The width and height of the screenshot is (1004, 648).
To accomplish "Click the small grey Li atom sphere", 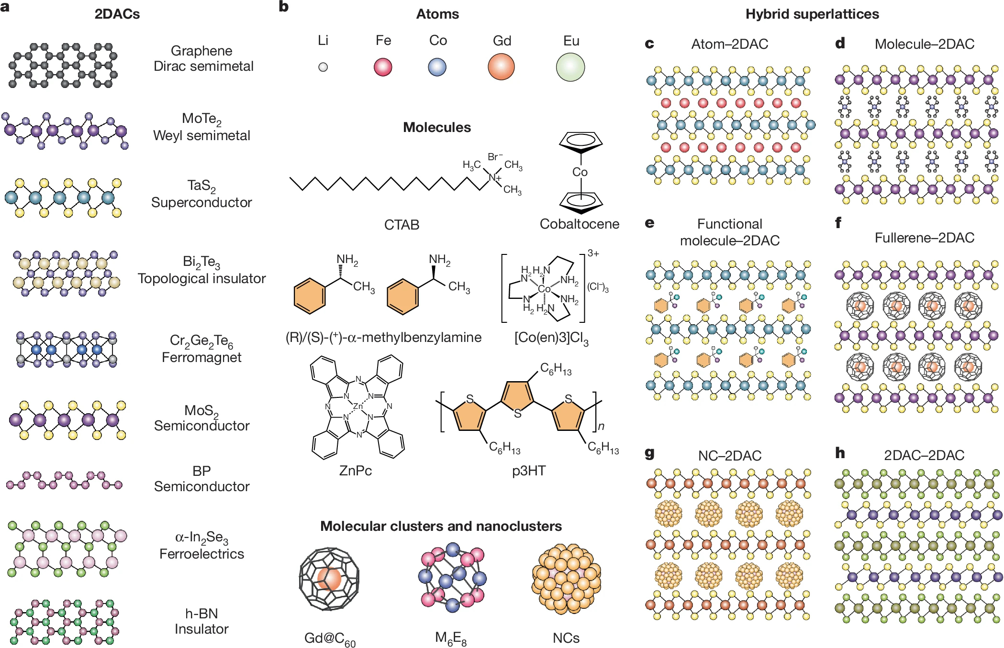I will click(323, 67).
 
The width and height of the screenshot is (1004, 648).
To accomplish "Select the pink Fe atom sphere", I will click(383, 67).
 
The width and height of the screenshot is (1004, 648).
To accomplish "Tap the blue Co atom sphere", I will click(437, 67).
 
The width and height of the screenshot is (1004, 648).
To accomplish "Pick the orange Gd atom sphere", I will click(501, 66).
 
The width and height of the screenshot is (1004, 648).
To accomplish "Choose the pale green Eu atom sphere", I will click(570, 67).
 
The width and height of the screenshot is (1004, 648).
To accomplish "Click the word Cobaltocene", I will click(579, 224).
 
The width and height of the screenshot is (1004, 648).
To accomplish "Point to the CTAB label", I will click(402, 225).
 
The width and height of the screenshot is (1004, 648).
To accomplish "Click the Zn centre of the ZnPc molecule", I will click(357, 406).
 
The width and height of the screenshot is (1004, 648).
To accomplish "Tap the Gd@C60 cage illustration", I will click(329, 579).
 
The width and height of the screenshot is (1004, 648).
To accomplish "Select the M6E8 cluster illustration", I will click(452, 577).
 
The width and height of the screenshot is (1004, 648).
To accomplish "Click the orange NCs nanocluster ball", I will click(566, 579).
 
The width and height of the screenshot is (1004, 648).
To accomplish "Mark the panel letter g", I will click(649, 453).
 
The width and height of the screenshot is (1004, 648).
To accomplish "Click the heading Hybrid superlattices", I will click(812, 14).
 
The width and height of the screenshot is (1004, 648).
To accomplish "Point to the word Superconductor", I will click(201, 202).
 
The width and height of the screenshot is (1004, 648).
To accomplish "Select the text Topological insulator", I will click(201, 278).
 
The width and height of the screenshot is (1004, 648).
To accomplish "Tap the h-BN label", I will click(201, 614).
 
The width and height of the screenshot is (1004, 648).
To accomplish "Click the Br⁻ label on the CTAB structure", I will click(495, 156).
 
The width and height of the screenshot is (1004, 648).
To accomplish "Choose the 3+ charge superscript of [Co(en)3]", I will click(593, 253).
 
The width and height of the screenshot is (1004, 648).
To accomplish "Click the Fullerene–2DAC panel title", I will click(924, 238).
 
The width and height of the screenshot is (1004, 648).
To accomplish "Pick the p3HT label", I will click(529, 471).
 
